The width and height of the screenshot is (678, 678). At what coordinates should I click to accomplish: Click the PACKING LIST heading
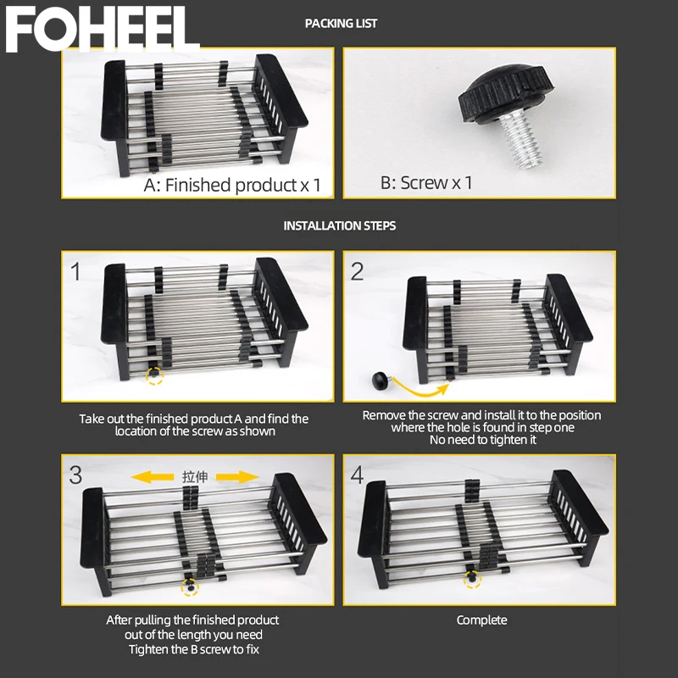pos(341,24)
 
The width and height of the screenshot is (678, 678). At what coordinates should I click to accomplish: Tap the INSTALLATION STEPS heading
pos(339,226)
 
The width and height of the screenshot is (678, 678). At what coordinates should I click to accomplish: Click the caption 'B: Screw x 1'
pos(425,182)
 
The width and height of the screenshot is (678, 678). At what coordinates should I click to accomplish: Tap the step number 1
pos(76,271)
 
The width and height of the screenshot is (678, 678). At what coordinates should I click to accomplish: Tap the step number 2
pos(358,271)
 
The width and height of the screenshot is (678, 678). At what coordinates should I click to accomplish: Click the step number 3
pos(76,475)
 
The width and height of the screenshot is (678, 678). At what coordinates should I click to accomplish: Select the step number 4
pos(358,475)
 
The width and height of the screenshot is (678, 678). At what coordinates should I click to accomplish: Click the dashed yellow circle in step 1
pos(153,375)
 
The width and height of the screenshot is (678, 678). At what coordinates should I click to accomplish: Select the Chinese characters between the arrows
pos(194,477)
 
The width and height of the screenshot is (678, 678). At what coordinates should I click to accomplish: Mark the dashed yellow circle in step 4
pos(471,580)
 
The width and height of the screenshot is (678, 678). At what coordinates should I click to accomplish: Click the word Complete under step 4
pos(481,620)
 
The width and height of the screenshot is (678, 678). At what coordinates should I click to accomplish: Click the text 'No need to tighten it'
pos(481,440)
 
